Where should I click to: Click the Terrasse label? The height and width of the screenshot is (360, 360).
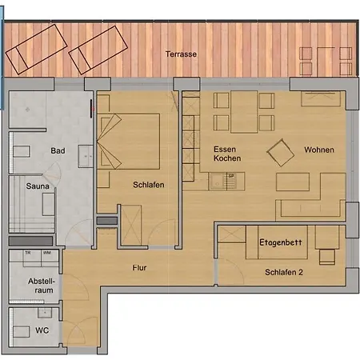point(181,54)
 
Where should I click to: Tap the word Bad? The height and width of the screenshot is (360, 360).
point(58,150)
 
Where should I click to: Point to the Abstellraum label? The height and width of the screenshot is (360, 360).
point(42,286)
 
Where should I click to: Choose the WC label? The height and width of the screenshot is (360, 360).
point(42,329)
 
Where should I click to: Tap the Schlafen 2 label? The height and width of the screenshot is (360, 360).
point(285,272)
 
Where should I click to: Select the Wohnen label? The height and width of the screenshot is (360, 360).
point(318,150)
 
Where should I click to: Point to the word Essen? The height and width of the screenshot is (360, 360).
point(225,150)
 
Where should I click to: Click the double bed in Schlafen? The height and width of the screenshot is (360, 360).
point(128,141)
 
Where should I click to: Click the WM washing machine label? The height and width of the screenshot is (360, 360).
point(47,254)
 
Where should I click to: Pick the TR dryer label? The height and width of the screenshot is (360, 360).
point(28,254)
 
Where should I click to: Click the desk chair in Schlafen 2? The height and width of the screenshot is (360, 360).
point(326,258)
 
